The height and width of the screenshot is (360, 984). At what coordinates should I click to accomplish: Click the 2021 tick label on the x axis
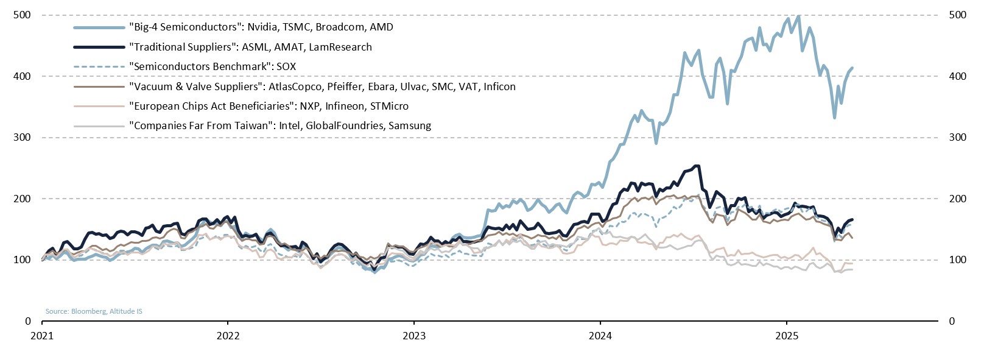point(41,336)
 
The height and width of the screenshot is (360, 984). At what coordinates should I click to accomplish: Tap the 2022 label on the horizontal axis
point(228,336)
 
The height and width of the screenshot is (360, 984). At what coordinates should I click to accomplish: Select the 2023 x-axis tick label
point(414,336)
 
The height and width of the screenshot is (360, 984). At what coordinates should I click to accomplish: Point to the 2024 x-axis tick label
point(600,336)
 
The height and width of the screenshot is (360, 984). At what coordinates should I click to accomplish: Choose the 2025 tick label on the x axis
point(786,336)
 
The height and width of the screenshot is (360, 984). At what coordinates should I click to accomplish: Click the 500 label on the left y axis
point(23,15)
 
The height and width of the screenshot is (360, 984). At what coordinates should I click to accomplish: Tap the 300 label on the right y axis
point(957,137)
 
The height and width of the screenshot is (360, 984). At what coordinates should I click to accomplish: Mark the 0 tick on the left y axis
point(28,321)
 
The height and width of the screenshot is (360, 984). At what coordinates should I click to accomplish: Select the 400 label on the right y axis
point(957,76)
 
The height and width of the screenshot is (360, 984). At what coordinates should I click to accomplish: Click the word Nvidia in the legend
point(264,27)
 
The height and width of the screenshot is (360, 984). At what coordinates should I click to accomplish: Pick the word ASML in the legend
point(256,47)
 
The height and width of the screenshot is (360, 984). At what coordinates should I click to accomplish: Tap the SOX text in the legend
point(286,66)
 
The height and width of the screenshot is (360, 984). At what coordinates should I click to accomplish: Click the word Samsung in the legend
point(410,125)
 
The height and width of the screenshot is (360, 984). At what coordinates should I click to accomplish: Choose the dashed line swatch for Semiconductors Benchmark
point(99,66)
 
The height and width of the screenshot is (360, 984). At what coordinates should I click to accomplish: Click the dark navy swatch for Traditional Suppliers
point(99,47)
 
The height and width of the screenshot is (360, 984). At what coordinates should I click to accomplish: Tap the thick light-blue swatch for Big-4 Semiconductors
point(99,27)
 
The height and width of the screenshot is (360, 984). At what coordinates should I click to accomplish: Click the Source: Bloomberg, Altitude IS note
point(94,311)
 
